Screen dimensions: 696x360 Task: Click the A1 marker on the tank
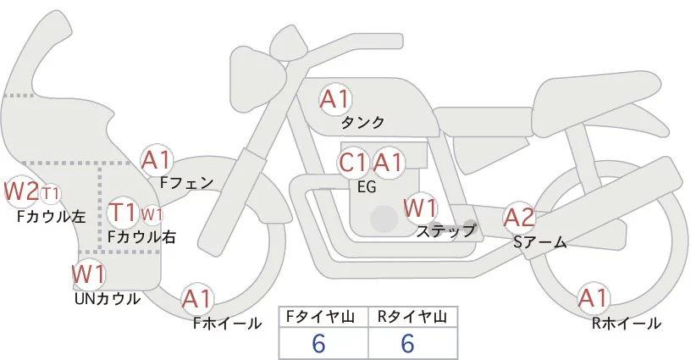pyautogui.click(x=335, y=99)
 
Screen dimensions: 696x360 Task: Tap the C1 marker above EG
pyautogui.click(x=353, y=163)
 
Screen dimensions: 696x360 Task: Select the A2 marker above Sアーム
pyautogui.click(x=519, y=218)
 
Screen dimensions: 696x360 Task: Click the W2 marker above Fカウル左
pyautogui.click(x=21, y=191)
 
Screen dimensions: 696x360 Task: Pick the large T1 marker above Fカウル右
pyautogui.click(x=123, y=212)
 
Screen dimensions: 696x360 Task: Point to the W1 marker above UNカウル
pyautogui.click(x=89, y=274)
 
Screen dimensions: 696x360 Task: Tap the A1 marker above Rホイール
pyautogui.click(x=593, y=298)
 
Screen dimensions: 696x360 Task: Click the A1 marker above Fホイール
pyautogui.click(x=196, y=299)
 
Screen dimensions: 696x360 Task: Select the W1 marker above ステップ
pyautogui.click(x=420, y=208)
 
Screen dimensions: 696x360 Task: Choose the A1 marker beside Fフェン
pyautogui.click(x=156, y=160)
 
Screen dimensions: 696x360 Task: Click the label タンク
pyautogui.click(x=362, y=123)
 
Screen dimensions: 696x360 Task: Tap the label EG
pyautogui.click(x=367, y=187)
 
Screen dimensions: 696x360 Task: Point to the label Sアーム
pyautogui.click(x=539, y=242)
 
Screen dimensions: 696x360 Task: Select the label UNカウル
pyautogui.click(x=108, y=299)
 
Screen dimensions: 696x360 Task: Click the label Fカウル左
pyautogui.click(x=51, y=217)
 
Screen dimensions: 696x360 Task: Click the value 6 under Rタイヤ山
pyautogui.click(x=407, y=343)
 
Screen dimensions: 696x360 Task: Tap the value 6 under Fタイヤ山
pyautogui.click(x=318, y=343)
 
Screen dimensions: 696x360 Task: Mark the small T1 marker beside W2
pyautogui.click(x=50, y=194)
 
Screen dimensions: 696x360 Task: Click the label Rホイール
pyautogui.click(x=627, y=324)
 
